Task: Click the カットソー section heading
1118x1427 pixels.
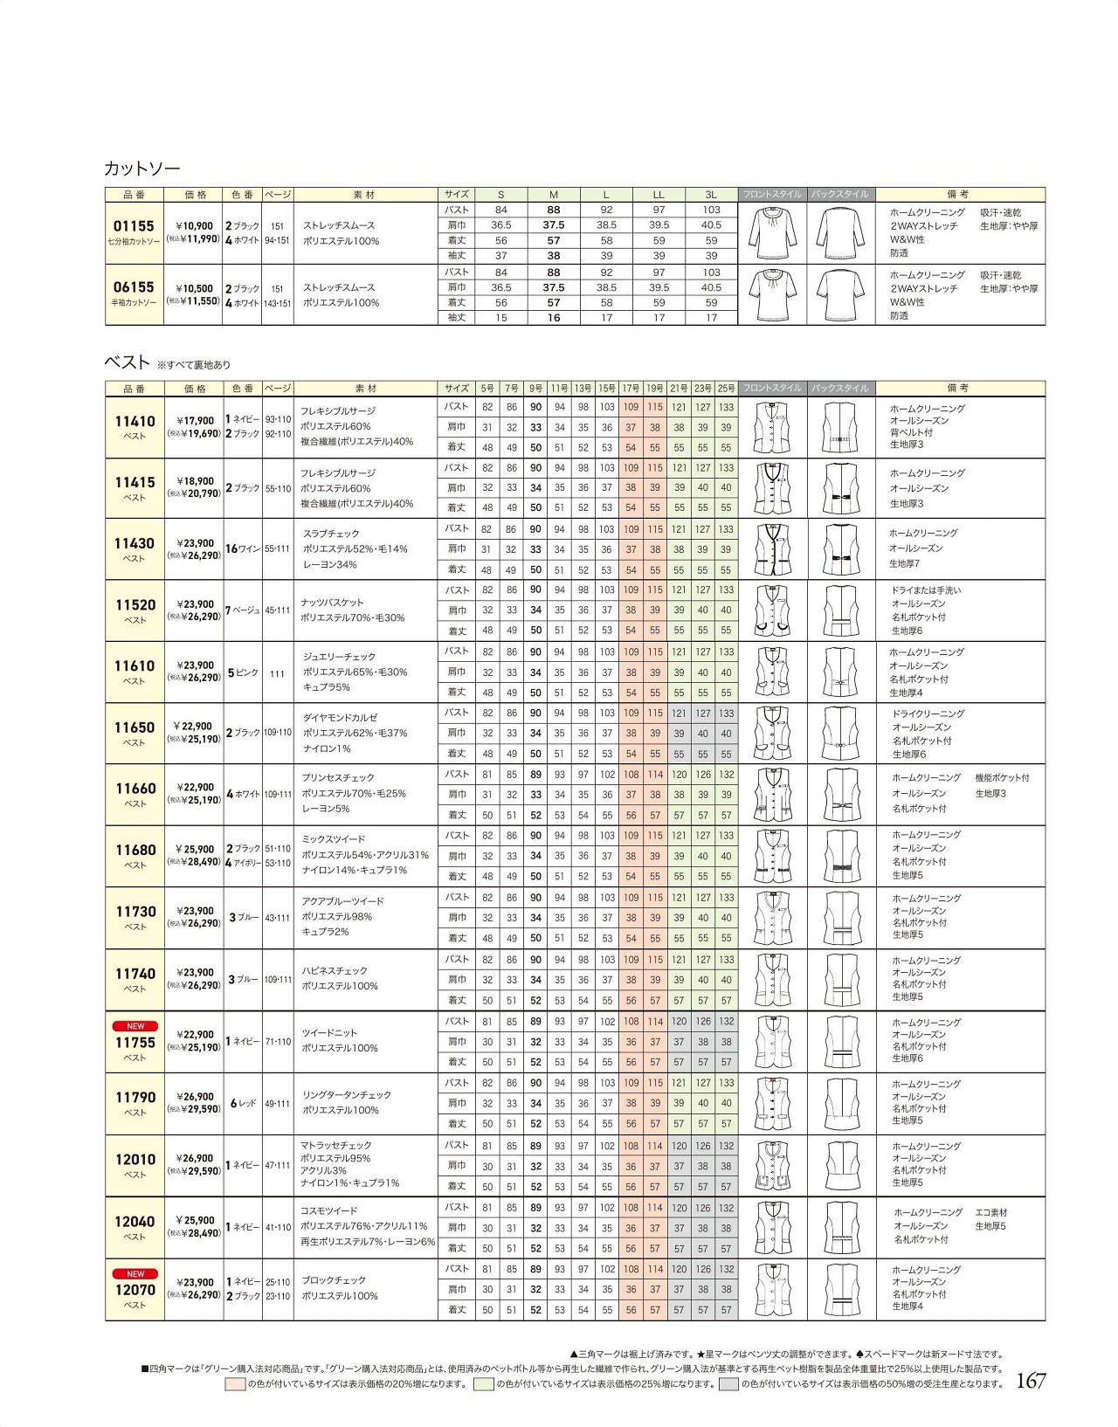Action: tap(141, 168)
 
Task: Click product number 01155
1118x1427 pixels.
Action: tap(134, 226)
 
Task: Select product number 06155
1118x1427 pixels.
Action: tap(134, 287)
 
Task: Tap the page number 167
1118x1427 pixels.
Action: tap(1031, 1381)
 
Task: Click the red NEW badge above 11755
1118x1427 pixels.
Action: tap(135, 1026)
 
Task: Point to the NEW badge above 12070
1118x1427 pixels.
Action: tap(135, 1274)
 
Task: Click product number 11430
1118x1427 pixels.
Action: tap(135, 543)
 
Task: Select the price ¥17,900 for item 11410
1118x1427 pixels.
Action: tap(195, 421)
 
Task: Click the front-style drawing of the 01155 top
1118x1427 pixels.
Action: tap(772, 233)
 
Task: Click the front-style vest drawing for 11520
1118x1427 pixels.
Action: tap(772, 610)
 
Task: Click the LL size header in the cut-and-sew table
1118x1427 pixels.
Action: tap(659, 195)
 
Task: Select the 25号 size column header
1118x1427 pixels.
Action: tap(726, 388)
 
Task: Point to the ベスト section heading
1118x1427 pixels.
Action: tap(127, 362)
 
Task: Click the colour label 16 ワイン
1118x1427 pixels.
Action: tap(243, 548)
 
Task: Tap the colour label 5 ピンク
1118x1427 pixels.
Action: tap(243, 672)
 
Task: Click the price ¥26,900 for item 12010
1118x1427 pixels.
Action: tap(195, 1159)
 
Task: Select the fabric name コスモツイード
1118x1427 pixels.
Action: tap(329, 1210)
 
